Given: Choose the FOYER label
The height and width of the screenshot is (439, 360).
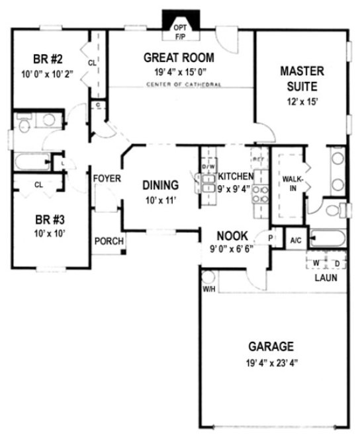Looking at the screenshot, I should coord(105,179).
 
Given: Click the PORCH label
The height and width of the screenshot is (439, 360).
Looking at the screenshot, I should coord(109,242).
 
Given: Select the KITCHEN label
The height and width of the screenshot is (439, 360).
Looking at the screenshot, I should coord(236,177).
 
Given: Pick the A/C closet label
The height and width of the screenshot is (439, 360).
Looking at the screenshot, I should coord(294,241).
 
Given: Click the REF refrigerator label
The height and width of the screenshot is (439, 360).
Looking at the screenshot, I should coord(258,160).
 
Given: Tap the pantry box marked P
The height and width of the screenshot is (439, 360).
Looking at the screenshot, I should coord(271,237).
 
